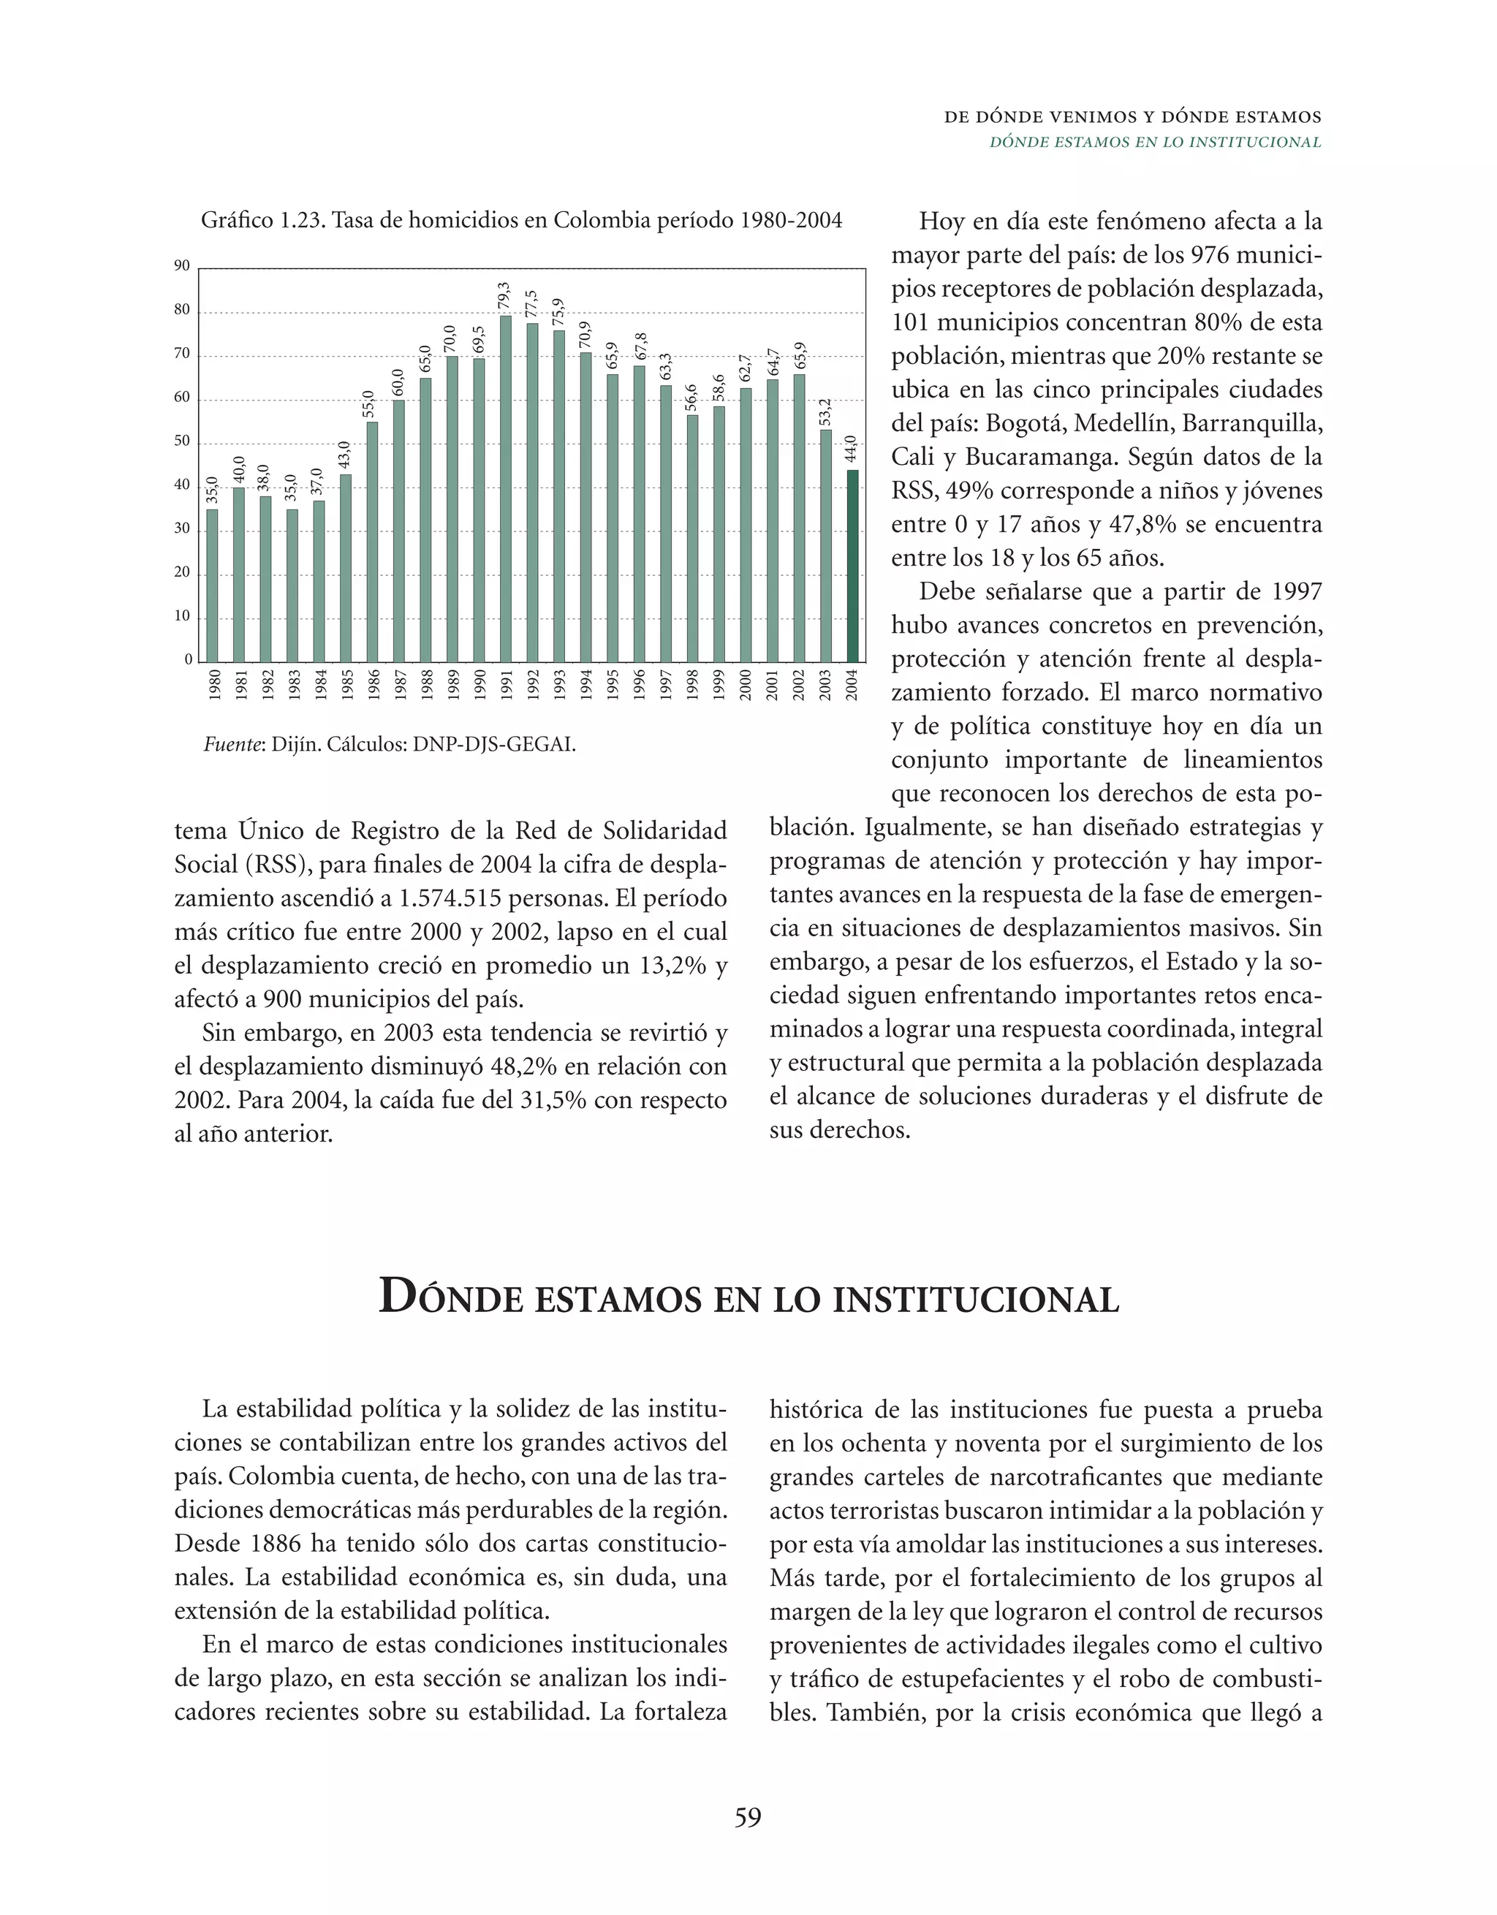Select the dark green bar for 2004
pos(852,566)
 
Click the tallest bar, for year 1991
pos(506,488)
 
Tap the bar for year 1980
pos(211,585)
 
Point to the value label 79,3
pos(504,296)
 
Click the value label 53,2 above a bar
pos(825,412)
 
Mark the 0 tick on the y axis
pos(188,659)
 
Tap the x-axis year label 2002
pos(798,685)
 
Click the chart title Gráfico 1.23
pos(263,220)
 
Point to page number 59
pos(748,1818)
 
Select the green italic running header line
pos(1155,142)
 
